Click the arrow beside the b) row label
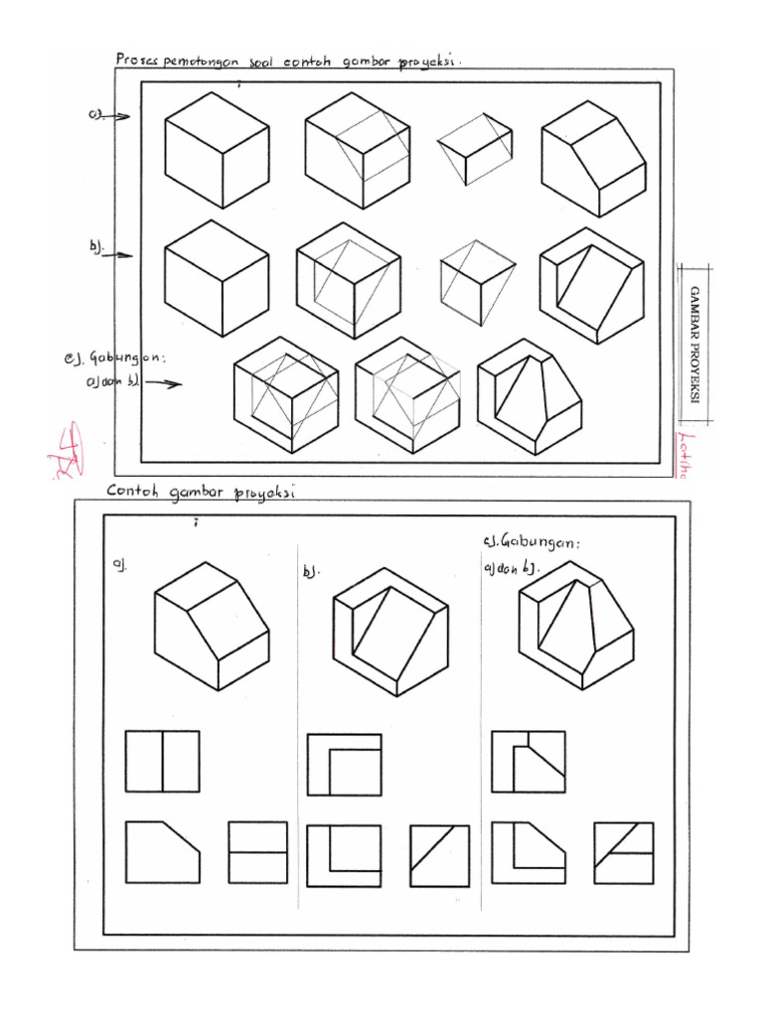click(x=117, y=255)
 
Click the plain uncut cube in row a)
click(x=217, y=149)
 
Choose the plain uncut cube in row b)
click(x=217, y=277)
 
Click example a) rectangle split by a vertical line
click(x=162, y=762)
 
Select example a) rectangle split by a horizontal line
click(x=257, y=852)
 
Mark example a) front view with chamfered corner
click(x=162, y=852)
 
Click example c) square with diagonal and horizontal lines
click(x=623, y=852)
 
